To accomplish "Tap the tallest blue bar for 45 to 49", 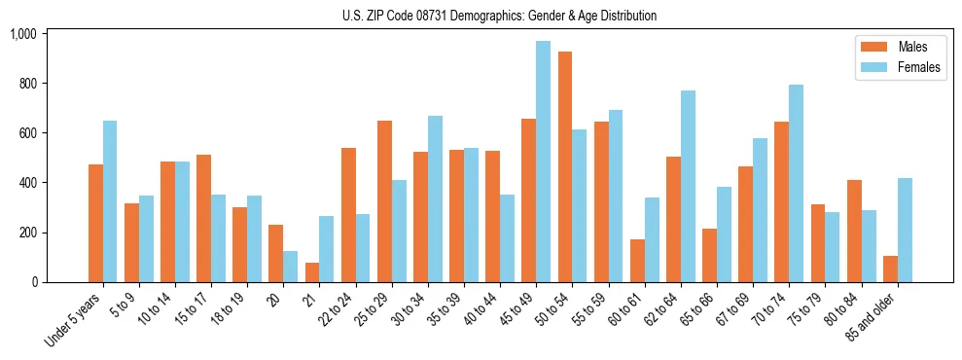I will pyautogui.click(x=543, y=162).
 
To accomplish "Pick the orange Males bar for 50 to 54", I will pyautogui.click(x=564, y=166).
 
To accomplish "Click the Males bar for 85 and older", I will pyautogui.click(x=890, y=269).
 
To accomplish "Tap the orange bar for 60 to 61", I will pyautogui.click(x=637, y=261).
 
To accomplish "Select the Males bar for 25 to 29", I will pyautogui.click(x=384, y=201).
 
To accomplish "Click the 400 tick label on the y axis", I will pyautogui.click(x=26, y=183).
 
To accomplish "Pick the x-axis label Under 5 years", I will pyautogui.click(x=74, y=318).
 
